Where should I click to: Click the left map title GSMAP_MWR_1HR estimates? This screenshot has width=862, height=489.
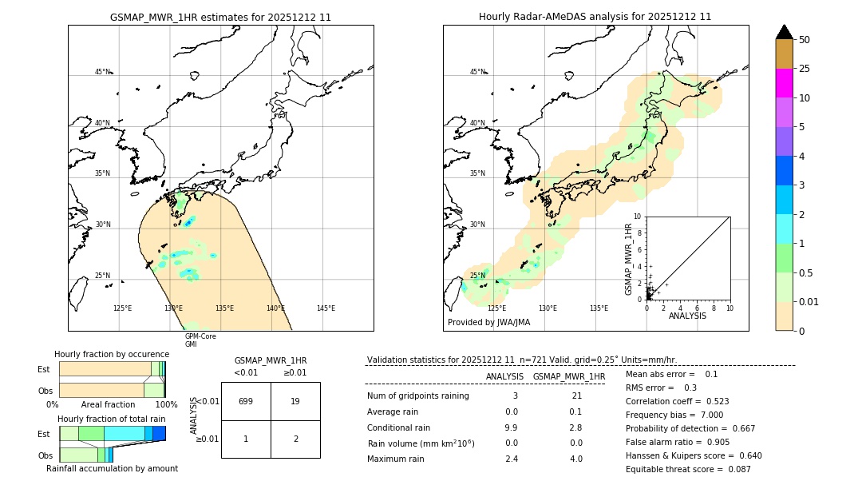(220, 17)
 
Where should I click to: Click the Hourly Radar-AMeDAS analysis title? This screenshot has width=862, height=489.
(595, 17)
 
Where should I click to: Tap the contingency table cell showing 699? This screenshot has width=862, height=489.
(246, 401)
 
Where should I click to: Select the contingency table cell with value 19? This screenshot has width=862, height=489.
(295, 401)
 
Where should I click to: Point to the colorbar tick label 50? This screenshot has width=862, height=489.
(805, 40)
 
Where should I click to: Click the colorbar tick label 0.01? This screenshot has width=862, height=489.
(810, 301)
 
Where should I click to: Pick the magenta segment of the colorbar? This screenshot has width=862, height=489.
(784, 83)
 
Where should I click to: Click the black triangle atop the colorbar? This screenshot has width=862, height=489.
(784, 32)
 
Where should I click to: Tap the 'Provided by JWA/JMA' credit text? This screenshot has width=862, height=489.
(488, 323)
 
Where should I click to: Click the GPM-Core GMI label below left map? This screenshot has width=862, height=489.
(200, 340)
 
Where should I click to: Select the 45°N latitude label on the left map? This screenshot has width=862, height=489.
(103, 72)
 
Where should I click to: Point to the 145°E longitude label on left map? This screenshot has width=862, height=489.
(326, 308)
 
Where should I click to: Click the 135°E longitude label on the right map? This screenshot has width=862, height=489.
(599, 308)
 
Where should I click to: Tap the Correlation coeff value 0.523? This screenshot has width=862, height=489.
(711, 401)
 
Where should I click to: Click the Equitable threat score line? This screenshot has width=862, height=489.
(688, 469)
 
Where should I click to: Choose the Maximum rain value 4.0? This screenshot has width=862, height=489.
(575, 459)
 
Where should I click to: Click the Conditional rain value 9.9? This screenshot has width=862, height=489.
(512, 427)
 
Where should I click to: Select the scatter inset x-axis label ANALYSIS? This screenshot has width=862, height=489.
(687, 316)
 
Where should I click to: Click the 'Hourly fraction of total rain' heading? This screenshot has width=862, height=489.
(112, 419)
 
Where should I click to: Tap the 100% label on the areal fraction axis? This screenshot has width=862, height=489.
(166, 405)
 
